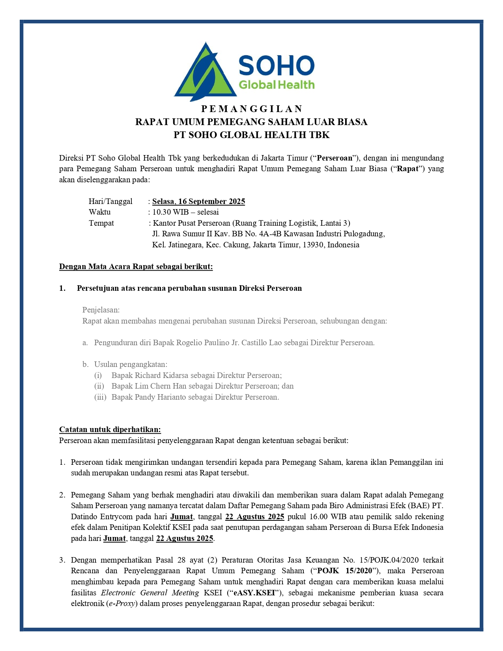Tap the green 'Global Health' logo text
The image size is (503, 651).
pyautogui.click(x=277, y=85)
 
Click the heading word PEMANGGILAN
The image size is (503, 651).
pyautogui.click(x=252, y=109)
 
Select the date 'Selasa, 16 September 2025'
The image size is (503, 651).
pyautogui.click(x=198, y=202)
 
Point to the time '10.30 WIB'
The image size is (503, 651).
pyautogui.click(x=170, y=212)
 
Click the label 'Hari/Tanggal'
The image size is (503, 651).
pyautogui.click(x=110, y=202)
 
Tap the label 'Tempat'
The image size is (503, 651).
pyautogui.click(x=101, y=223)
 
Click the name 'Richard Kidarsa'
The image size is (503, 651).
pyautogui.click(x=162, y=376)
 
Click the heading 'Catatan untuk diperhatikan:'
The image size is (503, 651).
pyautogui.click(x=110, y=430)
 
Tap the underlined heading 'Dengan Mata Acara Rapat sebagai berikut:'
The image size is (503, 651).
pyautogui.click(x=136, y=267)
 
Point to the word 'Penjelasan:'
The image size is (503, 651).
pyautogui.click(x=101, y=310)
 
